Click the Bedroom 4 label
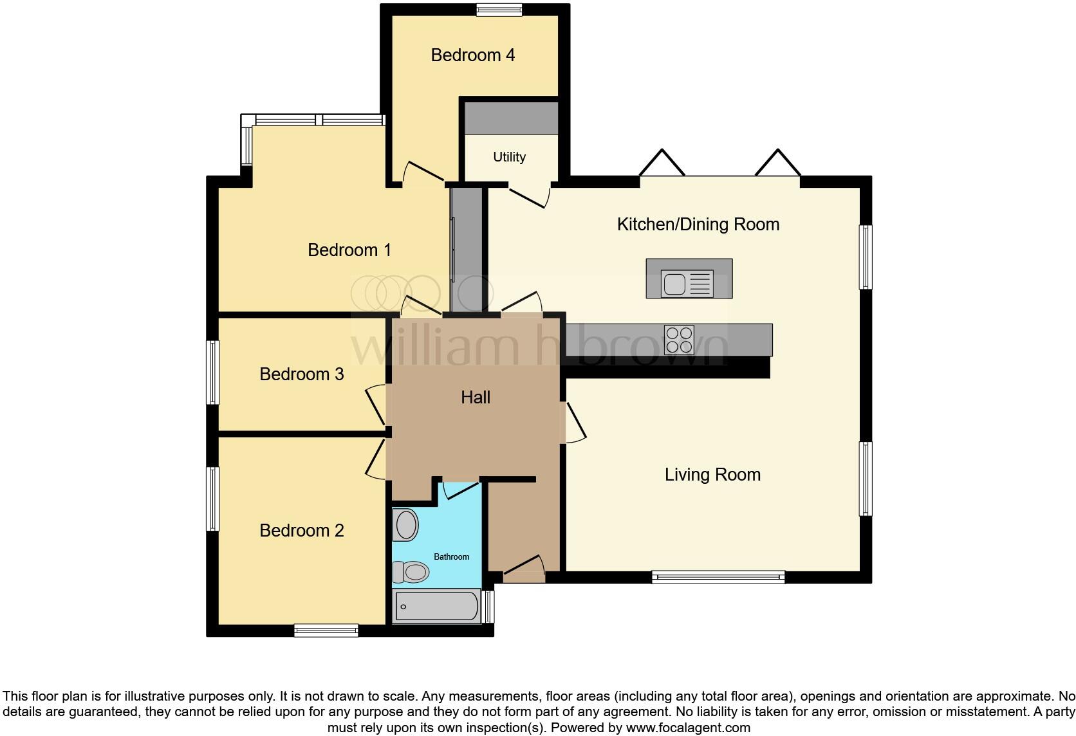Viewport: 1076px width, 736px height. [472, 55]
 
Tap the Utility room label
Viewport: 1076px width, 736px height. [509, 157]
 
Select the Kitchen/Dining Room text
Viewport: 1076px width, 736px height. [698, 225]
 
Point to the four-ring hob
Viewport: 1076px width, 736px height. [679, 340]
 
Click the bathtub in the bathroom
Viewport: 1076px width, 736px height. [436, 606]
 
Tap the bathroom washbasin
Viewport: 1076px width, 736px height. [406, 525]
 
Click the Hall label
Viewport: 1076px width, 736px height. [476, 398]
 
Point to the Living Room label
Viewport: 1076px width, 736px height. [712, 475]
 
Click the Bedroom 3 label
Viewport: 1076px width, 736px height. [301, 374]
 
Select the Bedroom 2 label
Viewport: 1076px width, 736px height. [301, 531]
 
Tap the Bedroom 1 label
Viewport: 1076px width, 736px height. [349, 250]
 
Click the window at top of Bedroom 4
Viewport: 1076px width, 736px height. [499, 9]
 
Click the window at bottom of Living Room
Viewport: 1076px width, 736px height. [718, 577]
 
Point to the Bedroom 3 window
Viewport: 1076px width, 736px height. [212, 373]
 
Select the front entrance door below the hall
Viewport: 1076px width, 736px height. [524, 570]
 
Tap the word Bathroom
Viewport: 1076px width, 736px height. [451, 557]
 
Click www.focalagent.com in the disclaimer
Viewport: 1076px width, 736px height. [688, 728]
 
